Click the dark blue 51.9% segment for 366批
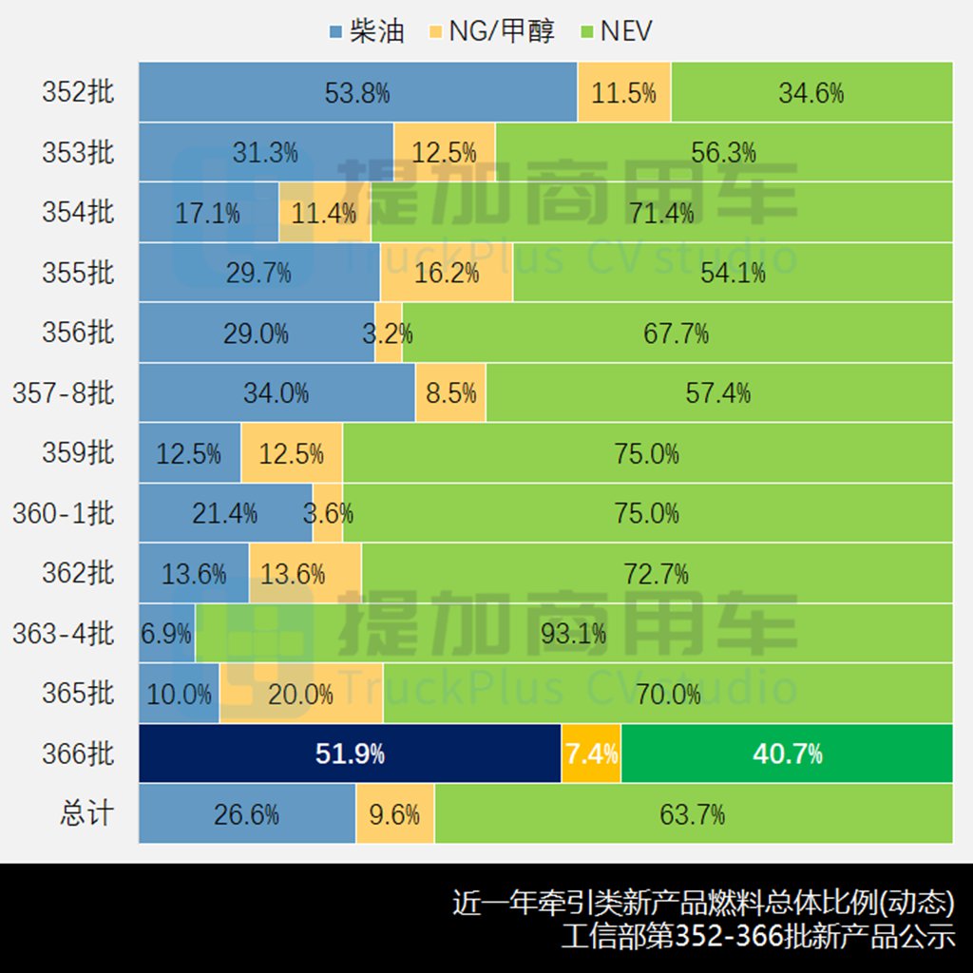click(x=350, y=754)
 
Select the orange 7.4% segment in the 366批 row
click(x=591, y=754)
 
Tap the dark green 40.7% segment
click(x=787, y=754)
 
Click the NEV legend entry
click(x=616, y=30)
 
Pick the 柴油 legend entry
click(x=366, y=30)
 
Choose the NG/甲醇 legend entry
click(x=490, y=30)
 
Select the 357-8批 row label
click(x=63, y=392)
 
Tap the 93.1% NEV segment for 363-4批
click(x=574, y=634)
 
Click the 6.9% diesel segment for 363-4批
click(x=166, y=634)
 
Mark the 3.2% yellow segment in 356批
click(x=389, y=334)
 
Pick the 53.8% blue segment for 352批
click(x=357, y=92)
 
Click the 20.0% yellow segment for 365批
click(x=301, y=695)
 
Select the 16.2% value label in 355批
click(x=447, y=274)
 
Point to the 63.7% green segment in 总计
click(x=693, y=814)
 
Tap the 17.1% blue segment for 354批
click(x=208, y=213)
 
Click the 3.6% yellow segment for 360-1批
click(x=328, y=514)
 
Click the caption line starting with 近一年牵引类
click(x=703, y=903)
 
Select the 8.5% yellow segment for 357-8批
click(x=450, y=392)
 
